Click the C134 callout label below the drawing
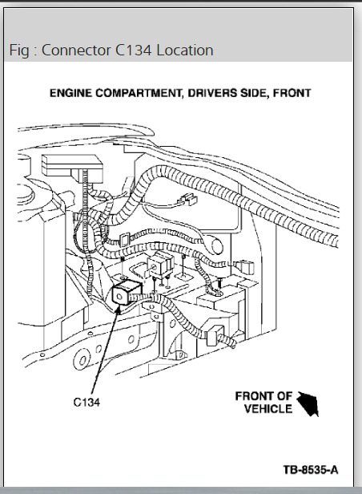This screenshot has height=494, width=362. (x=86, y=402)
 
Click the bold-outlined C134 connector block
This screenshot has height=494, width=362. (x=125, y=293)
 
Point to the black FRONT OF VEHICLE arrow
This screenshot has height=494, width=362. (x=308, y=403)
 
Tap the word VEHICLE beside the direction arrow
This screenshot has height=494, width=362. (x=268, y=409)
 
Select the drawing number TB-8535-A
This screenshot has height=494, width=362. (x=311, y=470)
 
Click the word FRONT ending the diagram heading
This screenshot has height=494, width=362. (x=292, y=93)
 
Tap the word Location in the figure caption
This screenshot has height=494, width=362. (x=185, y=50)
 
